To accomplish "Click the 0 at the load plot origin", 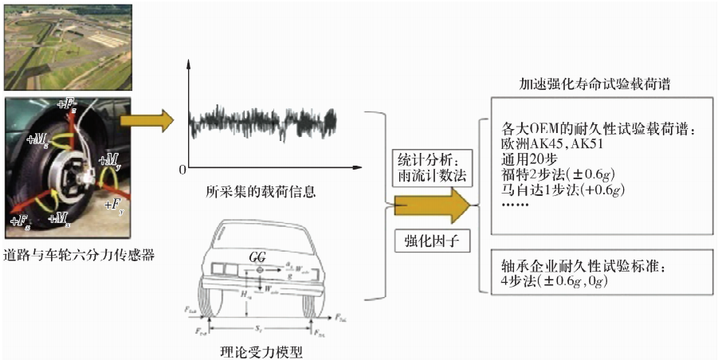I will [182, 170].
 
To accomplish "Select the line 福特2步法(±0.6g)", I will [562, 174].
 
